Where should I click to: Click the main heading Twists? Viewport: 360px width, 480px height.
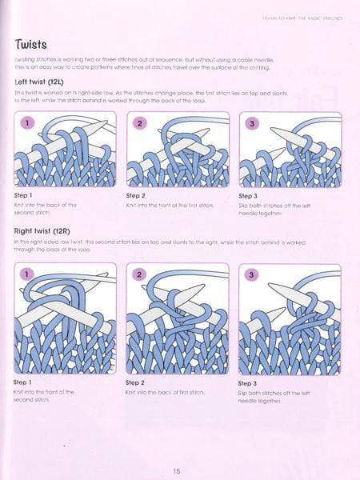coord(37,43)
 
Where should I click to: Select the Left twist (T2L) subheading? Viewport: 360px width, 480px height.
coord(47,82)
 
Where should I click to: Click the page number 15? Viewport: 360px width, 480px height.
coord(178,470)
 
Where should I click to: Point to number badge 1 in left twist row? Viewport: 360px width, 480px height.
coord(27,124)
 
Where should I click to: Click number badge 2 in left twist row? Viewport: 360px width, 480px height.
coord(139,124)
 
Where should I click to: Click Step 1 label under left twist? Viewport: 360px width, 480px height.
coord(24,196)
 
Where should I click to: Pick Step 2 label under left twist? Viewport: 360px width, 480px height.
coord(136,196)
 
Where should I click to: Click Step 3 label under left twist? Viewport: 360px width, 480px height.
coord(249,196)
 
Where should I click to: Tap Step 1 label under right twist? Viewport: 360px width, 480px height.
coord(24,382)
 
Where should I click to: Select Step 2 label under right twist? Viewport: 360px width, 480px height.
coord(136,382)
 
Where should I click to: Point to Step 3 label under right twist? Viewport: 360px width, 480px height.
coord(249,383)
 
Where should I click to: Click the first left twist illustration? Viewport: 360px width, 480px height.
coord(66,149)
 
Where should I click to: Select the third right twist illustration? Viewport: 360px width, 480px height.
coord(290,318)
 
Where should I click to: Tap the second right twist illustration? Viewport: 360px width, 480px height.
coord(178,318)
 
